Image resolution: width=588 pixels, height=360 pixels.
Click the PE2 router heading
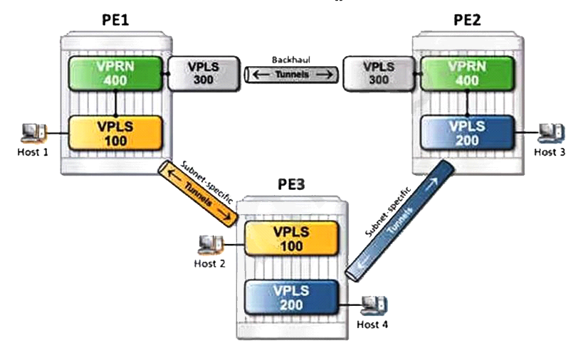[467, 19]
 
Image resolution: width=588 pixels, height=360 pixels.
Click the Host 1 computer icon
[33, 132]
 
